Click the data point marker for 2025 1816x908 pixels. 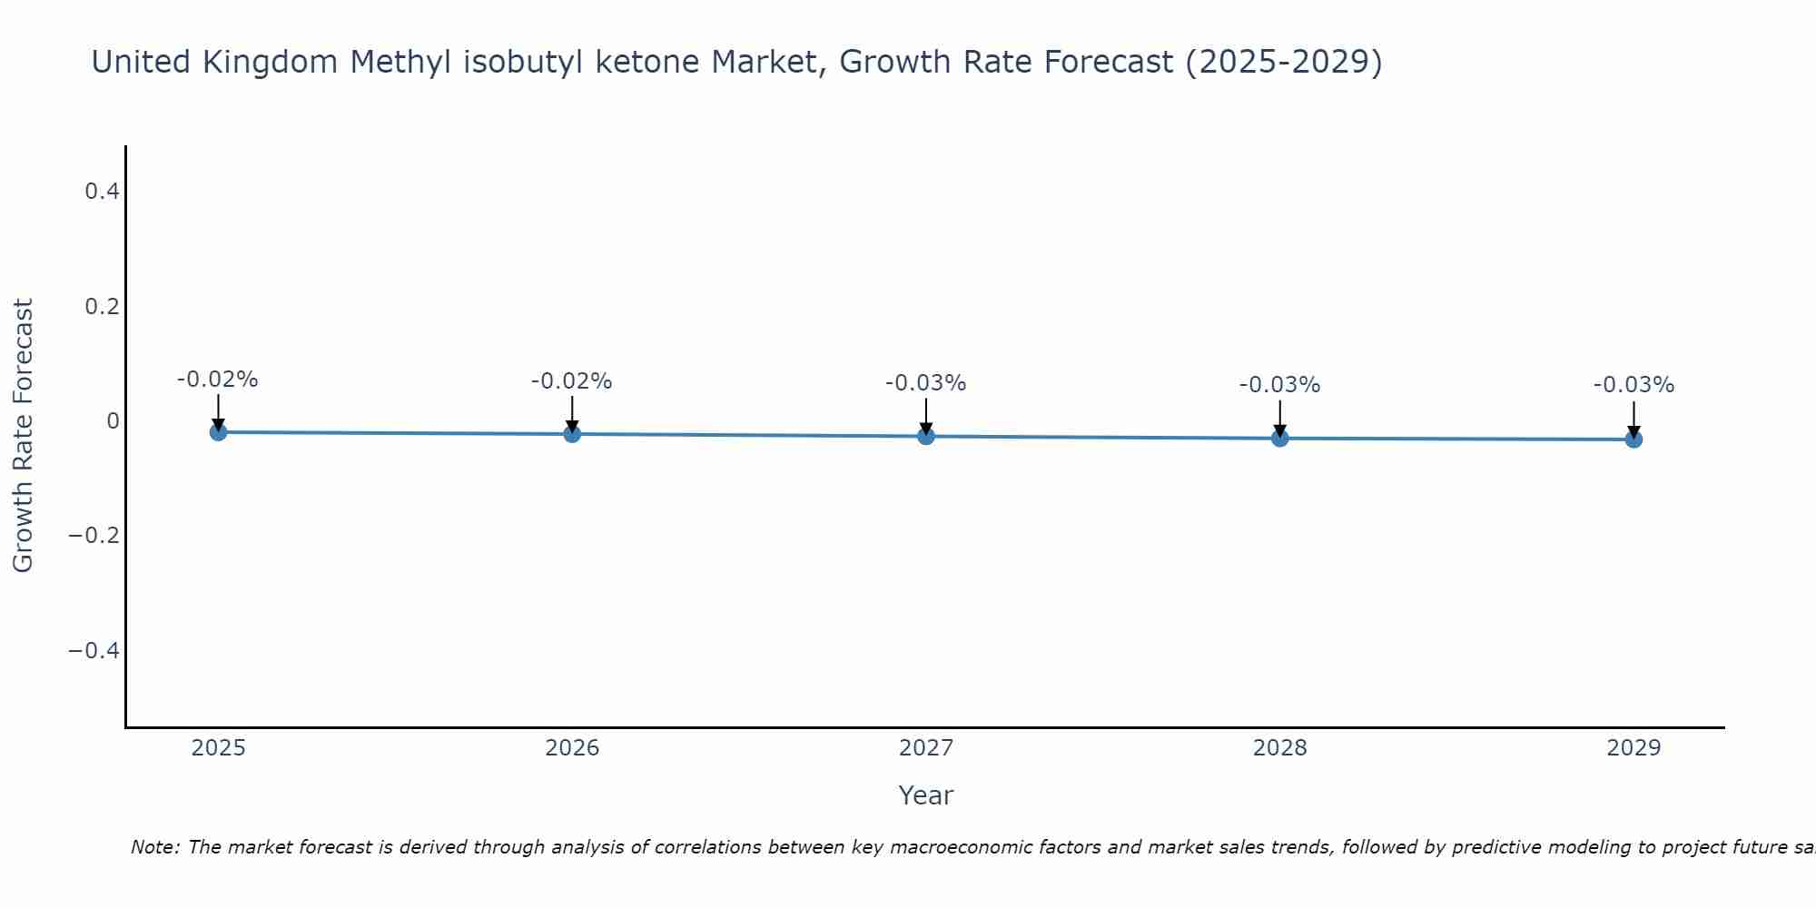point(218,432)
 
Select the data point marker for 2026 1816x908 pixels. point(572,434)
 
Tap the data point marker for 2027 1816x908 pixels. point(926,437)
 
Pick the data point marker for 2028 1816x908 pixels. point(1279,439)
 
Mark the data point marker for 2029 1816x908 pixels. point(1633,439)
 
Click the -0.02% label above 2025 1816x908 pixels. point(218,380)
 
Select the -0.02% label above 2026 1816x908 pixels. point(572,381)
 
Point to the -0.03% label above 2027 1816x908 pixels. point(926,383)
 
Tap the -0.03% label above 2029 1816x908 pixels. point(1633,385)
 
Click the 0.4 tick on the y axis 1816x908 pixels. point(102,192)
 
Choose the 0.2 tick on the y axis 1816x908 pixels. point(102,307)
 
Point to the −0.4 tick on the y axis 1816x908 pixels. point(94,651)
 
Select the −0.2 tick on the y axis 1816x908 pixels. point(94,536)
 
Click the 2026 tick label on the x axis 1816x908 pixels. point(572,748)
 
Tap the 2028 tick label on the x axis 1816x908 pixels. point(1279,748)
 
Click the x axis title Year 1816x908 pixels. point(925,796)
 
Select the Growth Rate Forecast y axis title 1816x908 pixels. point(23,436)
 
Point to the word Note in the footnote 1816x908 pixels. point(154,847)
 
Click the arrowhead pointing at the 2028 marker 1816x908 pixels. point(1279,430)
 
